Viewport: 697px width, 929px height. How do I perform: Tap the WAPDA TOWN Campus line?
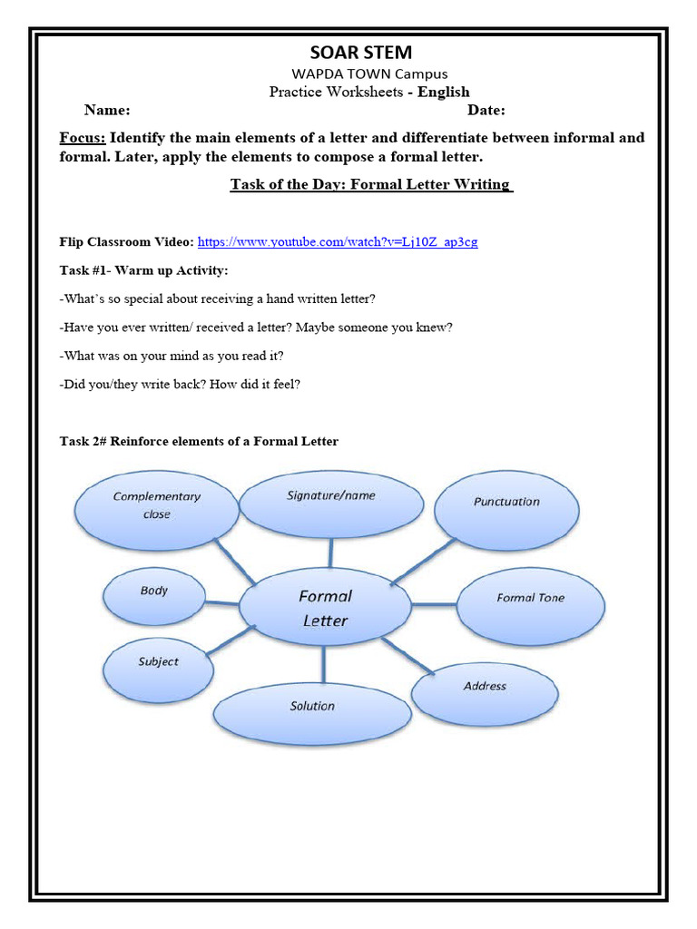click(x=368, y=73)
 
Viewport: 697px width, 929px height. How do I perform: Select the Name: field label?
click(x=107, y=111)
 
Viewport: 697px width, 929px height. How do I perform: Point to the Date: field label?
click(x=486, y=111)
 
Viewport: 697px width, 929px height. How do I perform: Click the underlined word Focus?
click(x=83, y=138)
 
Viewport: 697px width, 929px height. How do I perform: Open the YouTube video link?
click(x=338, y=241)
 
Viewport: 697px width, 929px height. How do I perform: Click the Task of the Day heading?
click(x=371, y=184)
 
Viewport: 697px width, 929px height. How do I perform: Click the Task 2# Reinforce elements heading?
click(x=199, y=442)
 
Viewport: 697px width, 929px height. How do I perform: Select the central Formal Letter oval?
click(x=325, y=609)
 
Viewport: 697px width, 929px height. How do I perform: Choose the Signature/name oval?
click(x=331, y=496)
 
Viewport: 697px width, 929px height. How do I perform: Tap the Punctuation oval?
click(x=506, y=502)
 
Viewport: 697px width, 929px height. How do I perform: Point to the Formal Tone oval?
click(x=530, y=598)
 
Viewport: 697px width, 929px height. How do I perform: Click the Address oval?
click(x=485, y=687)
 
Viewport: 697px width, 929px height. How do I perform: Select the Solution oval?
click(x=312, y=706)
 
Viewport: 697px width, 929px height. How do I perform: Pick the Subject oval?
click(x=159, y=662)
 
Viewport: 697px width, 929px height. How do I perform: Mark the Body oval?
click(x=154, y=592)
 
